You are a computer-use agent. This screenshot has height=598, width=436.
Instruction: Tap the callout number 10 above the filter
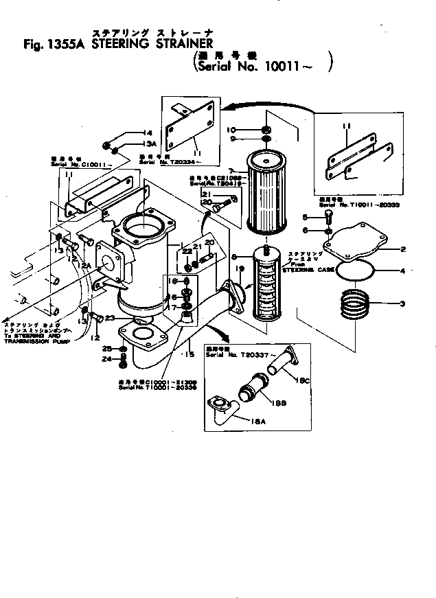click(250, 129)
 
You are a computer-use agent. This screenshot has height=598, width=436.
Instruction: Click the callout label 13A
click(149, 143)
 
